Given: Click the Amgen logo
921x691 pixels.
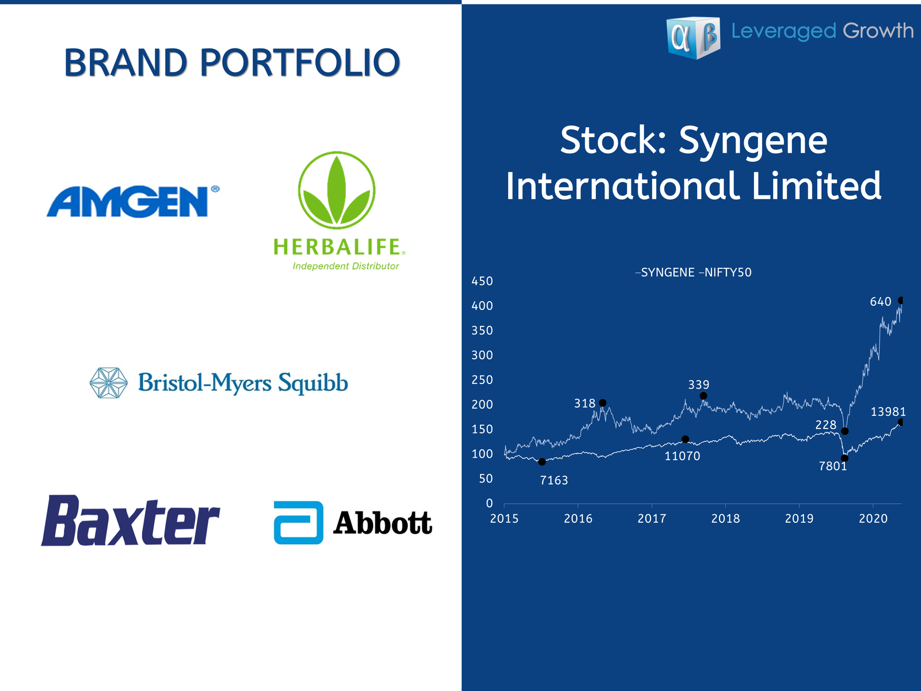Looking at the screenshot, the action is click(x=133, y=202).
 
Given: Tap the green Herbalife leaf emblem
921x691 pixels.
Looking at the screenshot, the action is click(x=337, y=191).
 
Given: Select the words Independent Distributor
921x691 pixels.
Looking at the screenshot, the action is click(x=346, y=266).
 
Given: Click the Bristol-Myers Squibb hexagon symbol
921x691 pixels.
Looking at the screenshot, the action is click(x=109, y=382).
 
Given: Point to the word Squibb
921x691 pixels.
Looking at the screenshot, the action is click(x=313, y=383).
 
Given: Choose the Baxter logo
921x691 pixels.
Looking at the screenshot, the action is click(x=131, y=520).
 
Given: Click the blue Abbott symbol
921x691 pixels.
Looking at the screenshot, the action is click(x=298, y=522).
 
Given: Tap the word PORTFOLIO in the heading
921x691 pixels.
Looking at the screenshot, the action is click(x=299, y=63).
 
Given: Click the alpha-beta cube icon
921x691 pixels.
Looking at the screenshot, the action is click(x=694, y=38).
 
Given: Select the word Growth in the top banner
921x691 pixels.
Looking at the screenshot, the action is click(x=878, y=31).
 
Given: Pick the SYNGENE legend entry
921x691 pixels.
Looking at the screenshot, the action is click(x=665, y=272).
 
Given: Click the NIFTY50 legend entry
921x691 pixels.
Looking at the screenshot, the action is click(x=725, y=272).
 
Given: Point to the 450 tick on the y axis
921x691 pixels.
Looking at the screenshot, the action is click(x=482, y=281).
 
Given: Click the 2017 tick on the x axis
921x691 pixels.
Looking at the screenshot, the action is click(x=652, y=519).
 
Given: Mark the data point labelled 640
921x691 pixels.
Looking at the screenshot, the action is click(x=900, y=301).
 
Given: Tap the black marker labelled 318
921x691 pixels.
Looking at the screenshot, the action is click(x=603, y=403).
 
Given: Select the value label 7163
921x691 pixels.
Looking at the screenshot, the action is click(x=554, y=480).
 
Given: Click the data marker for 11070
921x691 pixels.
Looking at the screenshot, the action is click(x=685, y=439).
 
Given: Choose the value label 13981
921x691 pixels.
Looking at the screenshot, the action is click(x=888, y=412).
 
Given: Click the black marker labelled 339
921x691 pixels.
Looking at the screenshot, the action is click(x=703, y=396).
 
